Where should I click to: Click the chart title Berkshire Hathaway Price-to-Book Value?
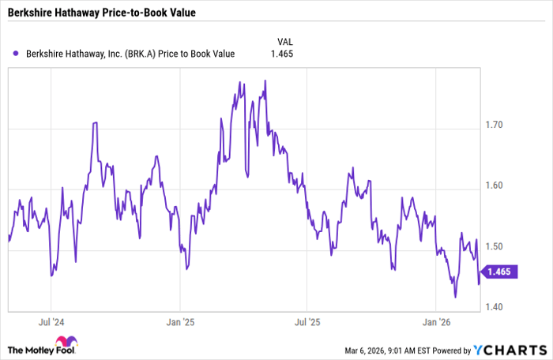(102, 13)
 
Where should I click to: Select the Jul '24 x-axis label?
(51, 322)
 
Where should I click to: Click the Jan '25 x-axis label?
(179, 322)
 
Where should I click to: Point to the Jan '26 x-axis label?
(436, 322)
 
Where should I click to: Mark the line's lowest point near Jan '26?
(455, 297)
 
